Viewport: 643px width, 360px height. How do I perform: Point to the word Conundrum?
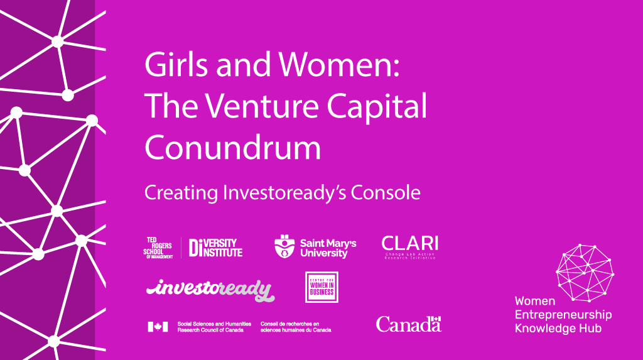(233, 148)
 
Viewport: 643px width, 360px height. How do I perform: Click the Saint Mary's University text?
(328, 248)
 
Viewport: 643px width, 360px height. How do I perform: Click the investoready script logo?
(210, 289)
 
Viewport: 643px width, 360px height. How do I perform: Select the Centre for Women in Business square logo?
(321, 287)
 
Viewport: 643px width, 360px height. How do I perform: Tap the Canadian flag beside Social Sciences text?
(158, 326)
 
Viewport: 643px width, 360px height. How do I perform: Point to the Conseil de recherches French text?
(295, 326)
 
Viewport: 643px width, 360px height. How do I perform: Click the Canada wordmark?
(409, 324)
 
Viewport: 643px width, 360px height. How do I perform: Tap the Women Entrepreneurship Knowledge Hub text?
(563, 314)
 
